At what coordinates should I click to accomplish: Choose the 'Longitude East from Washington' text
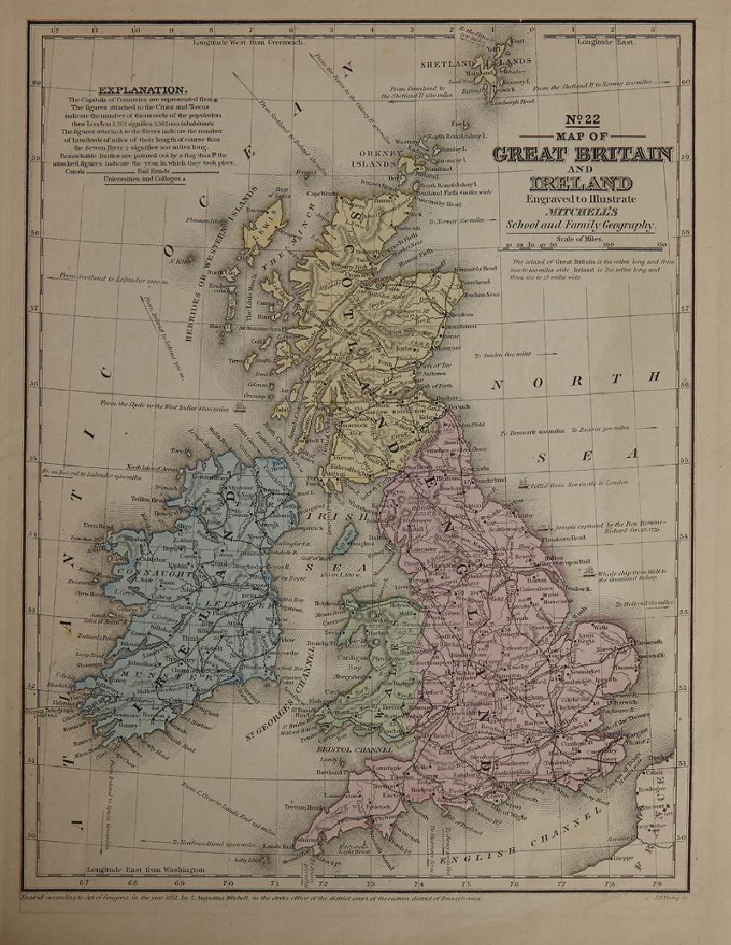point(152,869)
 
